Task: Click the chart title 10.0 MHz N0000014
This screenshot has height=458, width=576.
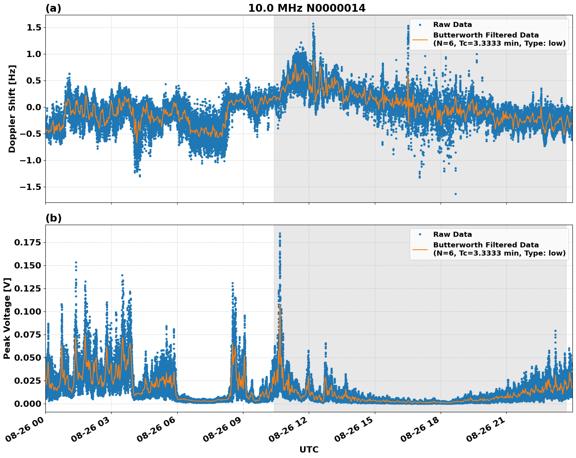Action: click(306, 8)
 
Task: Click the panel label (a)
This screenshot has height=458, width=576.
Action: click(53, 8)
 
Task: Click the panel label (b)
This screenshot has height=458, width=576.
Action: click(53, 218)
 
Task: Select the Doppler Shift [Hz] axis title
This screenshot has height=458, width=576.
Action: click(12, 109)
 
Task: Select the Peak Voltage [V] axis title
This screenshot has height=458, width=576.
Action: click(7, 318)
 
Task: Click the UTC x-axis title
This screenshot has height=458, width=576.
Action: click(309, 449)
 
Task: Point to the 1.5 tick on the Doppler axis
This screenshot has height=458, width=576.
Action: click(34, 27)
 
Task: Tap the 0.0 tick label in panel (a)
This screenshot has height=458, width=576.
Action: click(34, 107)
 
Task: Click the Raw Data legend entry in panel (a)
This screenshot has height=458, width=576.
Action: click(452, 25)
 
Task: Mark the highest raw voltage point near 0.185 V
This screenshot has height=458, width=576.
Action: click(280, 234)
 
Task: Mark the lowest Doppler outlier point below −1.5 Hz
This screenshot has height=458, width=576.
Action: click(455, 194)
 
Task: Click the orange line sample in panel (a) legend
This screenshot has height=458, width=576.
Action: click(420, 39)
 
